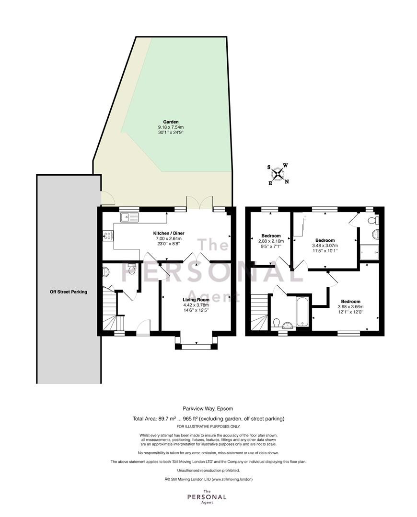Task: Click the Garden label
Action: coord(171,122)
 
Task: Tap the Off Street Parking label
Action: coord(69,292)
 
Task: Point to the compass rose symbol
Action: coord(278,174)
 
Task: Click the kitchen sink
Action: coord(130,217)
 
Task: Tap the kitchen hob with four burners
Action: coord(108,236)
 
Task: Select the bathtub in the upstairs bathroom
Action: coord(302,312)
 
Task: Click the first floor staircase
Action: coord(260,312)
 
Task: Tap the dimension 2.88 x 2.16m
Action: coord(271,241)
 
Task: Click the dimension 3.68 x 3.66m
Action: coord(351,307)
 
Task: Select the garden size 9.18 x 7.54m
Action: coord(171,127)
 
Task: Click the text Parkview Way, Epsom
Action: coord(208,409)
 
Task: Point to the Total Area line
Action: coord(208,419)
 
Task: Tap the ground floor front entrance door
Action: coord(143,327)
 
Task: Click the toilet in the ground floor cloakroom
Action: coord(131,269)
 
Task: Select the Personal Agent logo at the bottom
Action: coord(207,497)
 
